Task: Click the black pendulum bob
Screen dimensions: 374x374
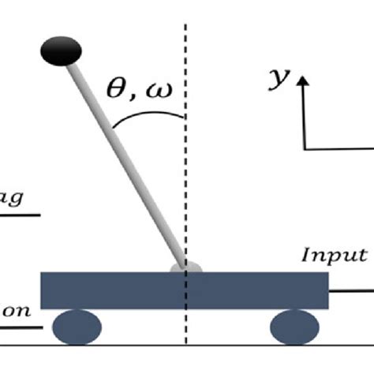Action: (62, 51)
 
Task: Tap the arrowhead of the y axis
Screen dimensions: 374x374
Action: (305, 79)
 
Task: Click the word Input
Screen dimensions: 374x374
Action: (335, 254)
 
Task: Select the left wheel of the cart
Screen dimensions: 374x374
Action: (77, 325)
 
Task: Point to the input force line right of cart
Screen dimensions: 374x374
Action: (351, 292)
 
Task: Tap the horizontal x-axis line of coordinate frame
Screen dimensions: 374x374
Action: (339, 148)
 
